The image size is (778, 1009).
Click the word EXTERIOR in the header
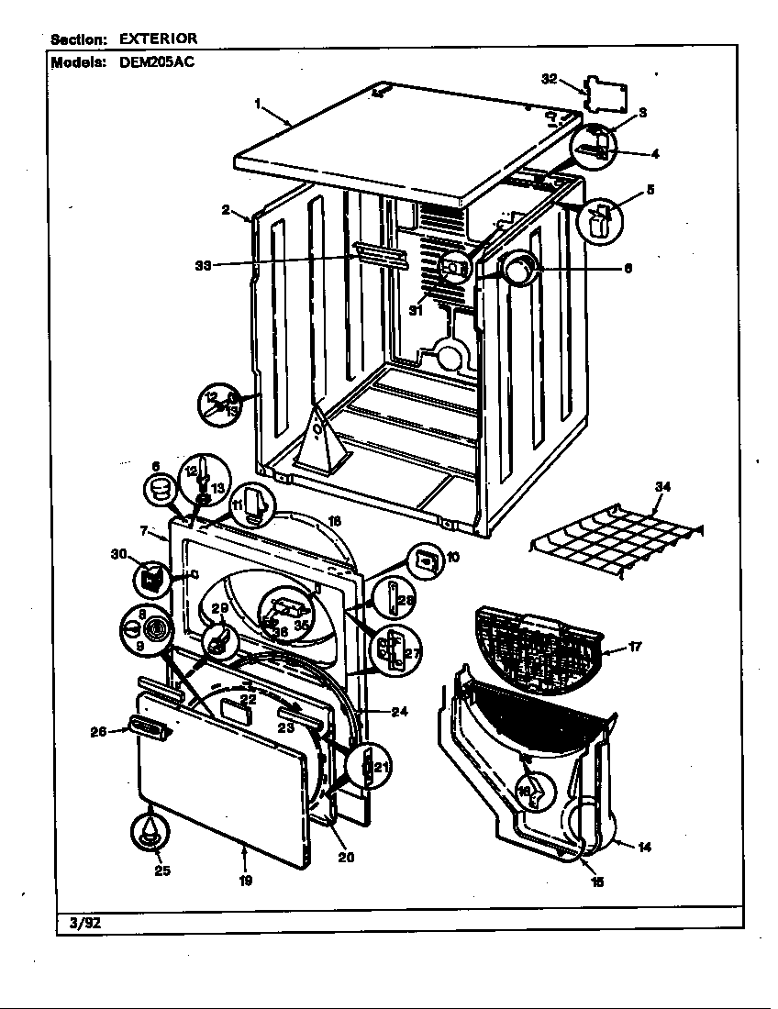click(157, 39)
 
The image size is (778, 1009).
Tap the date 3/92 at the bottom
click(84, 923)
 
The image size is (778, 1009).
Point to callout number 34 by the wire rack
click(662, 487)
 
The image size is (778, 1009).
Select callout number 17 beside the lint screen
click(634, 647)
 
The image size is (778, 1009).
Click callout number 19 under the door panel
click(246, 881)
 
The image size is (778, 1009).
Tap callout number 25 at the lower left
click(161, 870)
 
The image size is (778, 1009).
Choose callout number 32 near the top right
click(550, 80)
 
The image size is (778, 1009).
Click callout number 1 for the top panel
click(259, 104)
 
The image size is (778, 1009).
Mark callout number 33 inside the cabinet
click(204, 265)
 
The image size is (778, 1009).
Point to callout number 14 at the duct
click(644, 847)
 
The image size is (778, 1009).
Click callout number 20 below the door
click(346, 858)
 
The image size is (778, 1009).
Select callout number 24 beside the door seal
click(399, 711)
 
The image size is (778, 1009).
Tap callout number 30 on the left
click(117, 554)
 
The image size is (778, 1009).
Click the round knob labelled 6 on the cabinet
click(517, 270)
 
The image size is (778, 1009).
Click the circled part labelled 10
click(425, 559)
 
